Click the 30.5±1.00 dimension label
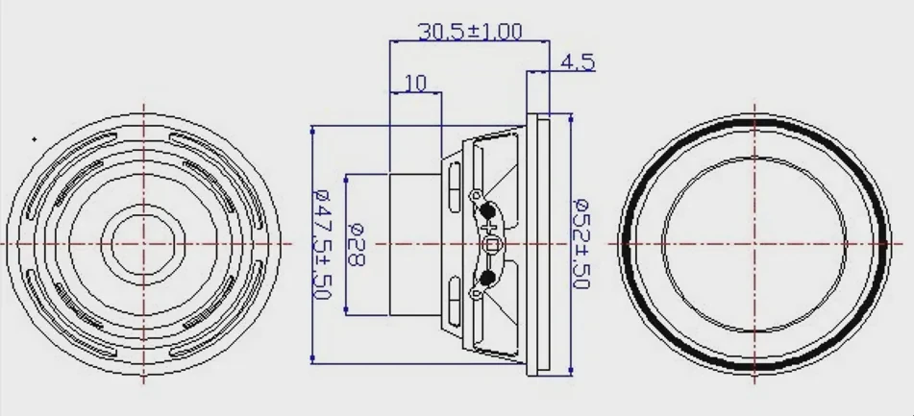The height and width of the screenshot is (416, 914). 470,31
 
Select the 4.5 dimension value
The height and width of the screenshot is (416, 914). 577,61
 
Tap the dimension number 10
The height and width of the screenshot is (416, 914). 415,84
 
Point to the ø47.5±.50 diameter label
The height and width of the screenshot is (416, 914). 321,243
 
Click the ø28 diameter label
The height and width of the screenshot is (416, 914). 356,244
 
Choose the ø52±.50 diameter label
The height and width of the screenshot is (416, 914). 581,243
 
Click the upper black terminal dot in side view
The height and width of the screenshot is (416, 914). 487,211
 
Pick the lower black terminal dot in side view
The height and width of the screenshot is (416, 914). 487,278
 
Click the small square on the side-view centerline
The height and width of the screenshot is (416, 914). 492,245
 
